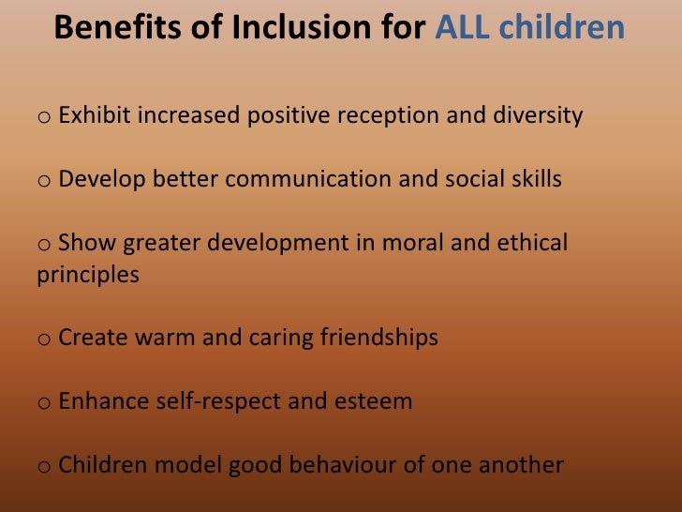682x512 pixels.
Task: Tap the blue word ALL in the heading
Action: pos(465,28)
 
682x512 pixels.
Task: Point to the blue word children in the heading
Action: pos(562,28)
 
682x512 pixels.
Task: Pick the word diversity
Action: pos(539,116)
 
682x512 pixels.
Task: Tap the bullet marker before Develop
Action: pos(44,181)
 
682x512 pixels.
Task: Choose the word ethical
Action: pos(532,243)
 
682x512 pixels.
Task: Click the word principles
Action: pos(88,276)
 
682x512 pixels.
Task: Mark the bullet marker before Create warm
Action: pos(44,339)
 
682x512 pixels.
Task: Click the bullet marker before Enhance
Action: pos(44,403)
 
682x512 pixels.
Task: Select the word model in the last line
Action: pos(176,464)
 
